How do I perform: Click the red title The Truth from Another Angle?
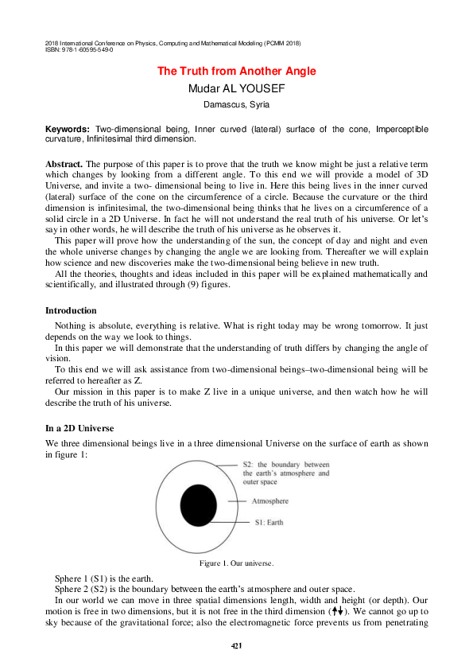point(236,72)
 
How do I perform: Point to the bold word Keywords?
point(68,129)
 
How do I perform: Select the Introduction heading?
point(71,310)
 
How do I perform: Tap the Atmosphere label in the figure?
point(270,501)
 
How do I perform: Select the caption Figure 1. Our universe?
point(236,563)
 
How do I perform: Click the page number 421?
point(236,645)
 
